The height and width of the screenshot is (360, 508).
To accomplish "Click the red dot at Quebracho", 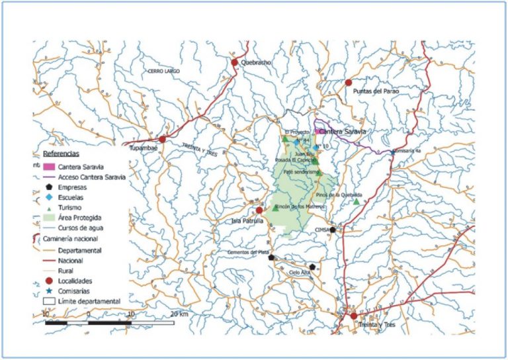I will pyautogui.click(x=234, y=62).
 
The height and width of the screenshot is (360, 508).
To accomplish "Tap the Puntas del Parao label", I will pyautogui.click(x=376, y=91).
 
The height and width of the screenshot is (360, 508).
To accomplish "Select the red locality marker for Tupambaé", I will pyautogui.click(x=162, y=139).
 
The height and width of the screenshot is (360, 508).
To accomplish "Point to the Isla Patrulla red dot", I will pyautogui.click(x=259, y=210).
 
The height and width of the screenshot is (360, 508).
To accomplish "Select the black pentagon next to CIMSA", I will pyautogui.click(x=333, y=230).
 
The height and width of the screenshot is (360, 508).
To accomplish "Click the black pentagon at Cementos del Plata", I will pyautogui.click(x=271, y=257).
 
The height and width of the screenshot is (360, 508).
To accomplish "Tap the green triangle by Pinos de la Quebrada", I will pyautogui.click(x=356, y=202).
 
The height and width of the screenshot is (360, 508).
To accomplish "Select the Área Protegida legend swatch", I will pyautogui.click(x=49, y=216).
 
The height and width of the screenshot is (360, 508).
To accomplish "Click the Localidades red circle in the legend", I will pyautogui.click(x=49, y=281).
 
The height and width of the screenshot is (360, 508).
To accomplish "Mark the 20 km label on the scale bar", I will pyautogui.click(x=179, y=312).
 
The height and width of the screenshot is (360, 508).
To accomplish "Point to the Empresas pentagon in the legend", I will pyautogui.click(x=49, y=187).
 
